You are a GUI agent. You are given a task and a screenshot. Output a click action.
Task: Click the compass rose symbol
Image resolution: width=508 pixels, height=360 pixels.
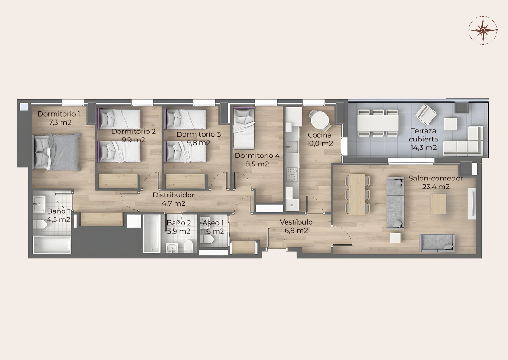click(483, 30)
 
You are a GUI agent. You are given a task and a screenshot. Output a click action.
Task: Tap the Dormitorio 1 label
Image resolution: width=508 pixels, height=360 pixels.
click(59, 114)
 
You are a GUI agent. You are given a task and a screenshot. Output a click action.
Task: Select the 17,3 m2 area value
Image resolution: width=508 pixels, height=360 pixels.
click(59, 122)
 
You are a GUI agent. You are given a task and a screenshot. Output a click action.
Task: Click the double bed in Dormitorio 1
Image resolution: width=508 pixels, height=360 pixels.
click(57, 152)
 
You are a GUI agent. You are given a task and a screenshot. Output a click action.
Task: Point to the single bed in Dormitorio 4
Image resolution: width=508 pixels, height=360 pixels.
click(244, 129)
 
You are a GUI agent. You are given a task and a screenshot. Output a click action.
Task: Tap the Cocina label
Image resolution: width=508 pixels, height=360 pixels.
click(319, 135)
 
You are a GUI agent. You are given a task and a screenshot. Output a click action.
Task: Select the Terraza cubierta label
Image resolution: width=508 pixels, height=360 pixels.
click(423, 135)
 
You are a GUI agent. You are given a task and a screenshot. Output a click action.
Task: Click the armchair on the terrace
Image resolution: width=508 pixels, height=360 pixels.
click(426, 114)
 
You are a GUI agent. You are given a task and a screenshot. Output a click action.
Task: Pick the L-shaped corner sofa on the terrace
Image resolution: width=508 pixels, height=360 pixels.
click(464, 142)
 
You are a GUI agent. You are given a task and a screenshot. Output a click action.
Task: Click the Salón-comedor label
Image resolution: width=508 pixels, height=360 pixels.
click(436, 179)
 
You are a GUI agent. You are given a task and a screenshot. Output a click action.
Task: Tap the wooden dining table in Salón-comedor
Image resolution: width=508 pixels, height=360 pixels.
click(357, 195)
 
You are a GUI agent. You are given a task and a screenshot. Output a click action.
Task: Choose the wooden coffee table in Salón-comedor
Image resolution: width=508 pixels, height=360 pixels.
click(438, 203)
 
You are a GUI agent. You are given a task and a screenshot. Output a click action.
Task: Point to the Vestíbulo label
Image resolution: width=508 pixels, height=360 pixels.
click(296, 222)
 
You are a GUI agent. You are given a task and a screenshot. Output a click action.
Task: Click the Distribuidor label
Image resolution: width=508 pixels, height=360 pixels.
click(174, 195)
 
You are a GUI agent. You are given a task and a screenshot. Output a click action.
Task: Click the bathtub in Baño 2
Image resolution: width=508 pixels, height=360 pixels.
click(152, 234)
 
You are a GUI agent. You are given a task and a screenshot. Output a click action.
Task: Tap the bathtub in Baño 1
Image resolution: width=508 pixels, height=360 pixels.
click(52, 244)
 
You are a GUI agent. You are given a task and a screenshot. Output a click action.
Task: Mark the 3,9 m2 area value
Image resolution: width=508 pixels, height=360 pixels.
click(179, 231)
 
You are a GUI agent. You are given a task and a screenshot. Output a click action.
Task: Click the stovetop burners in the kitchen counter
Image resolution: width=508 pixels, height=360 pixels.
click(292, 174)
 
